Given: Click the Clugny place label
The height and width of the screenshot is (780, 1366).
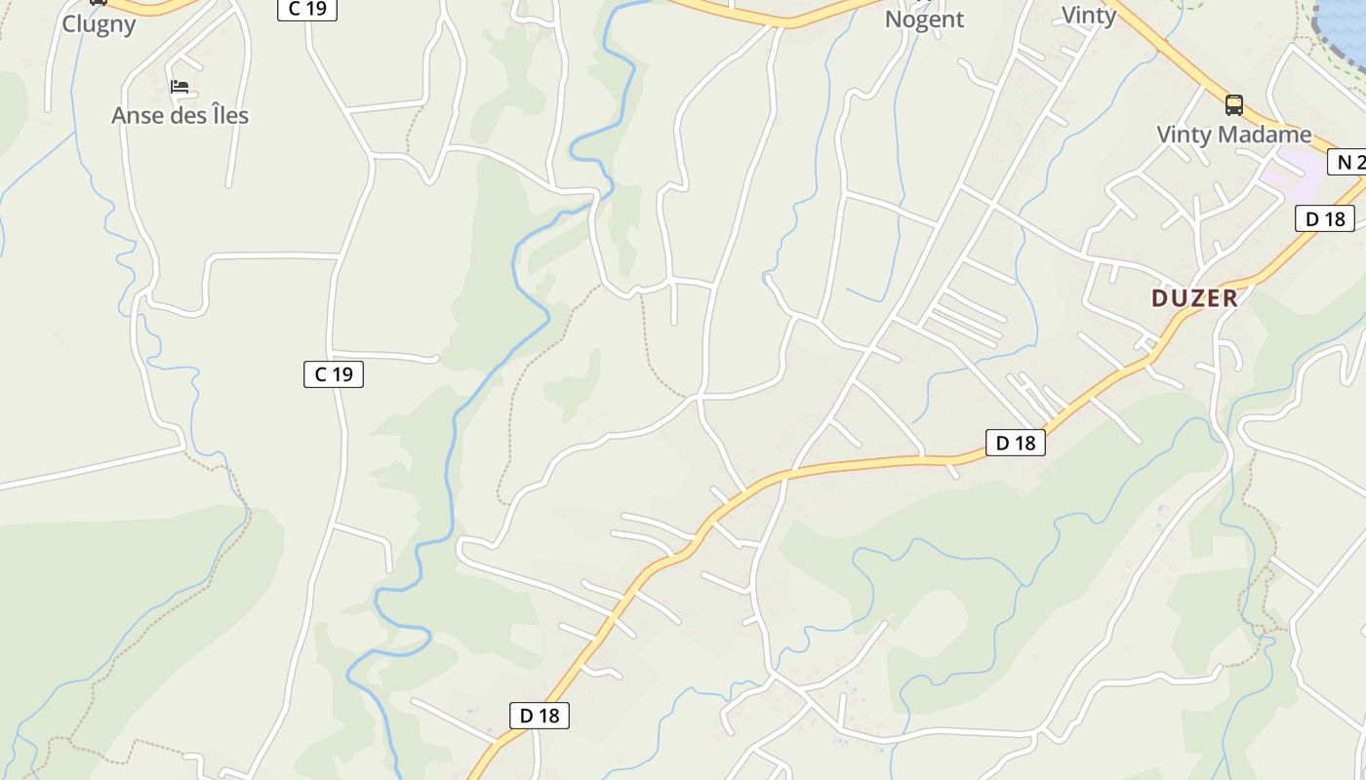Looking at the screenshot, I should pyautogui.click(x=99, y=23).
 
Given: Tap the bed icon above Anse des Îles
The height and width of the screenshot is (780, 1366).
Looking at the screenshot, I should pyautogui.click(x=180, y=87).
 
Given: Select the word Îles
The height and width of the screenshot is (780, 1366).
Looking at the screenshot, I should pyautogui.click(x=226, y=116).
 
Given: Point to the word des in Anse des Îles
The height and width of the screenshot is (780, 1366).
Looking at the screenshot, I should pyautogui.click(x=183, y=116).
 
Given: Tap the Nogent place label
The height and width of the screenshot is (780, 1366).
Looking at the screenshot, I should pyautogui.click(x=924, y=19).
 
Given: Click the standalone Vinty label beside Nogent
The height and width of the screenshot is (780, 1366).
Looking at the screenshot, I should pyautogui.click(x=1088, y=16).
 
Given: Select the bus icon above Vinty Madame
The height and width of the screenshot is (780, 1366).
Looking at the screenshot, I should pyautogui.click(x=1234, y=104).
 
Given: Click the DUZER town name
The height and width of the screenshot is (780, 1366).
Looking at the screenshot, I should pyautogui.click(x=1194, y=298).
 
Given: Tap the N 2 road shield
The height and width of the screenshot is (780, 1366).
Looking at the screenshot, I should pyautogui.click(x=1348, y=163).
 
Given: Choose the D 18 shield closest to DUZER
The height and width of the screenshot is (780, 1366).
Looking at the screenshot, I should pyautogui.click(x=1325, y=218).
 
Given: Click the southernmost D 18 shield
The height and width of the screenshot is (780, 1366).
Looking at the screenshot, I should pyautogui.click(x=539, y=716).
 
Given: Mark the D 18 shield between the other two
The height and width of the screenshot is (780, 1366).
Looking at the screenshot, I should pyautogui.click(x=1015, y=443).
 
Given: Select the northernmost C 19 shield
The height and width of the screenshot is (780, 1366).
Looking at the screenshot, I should pyautogui.click(x=307, y=9).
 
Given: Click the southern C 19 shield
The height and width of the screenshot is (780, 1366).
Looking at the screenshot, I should pyautogui.click(x=334, y=374).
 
